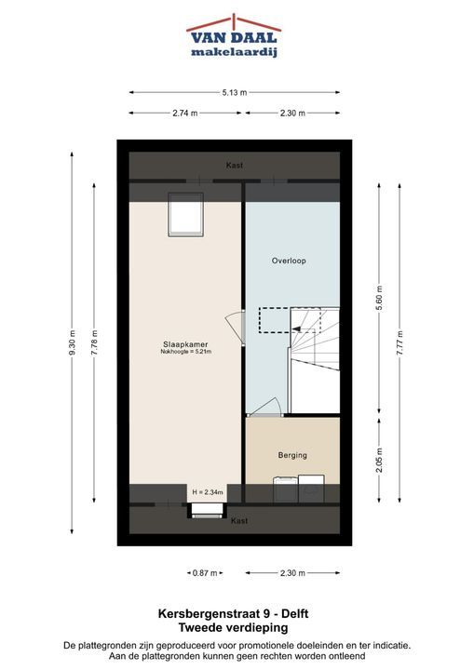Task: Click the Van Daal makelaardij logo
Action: tap(234, 36)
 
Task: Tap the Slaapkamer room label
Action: tap(185, 344)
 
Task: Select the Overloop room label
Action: tap(289, 261)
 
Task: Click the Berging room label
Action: tap(292, 455)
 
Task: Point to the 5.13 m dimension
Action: tap(235, 92)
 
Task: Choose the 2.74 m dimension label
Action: tap(185, 114)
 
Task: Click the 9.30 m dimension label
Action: tap(72, 342)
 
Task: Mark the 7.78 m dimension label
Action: tap(94, 342)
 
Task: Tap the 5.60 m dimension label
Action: tap(379, 298)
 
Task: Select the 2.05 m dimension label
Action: tap(379, 461)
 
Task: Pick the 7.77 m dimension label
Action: tap(400, 342)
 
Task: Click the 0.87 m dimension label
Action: tap(205, 573)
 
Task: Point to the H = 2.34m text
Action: tap(208, 492)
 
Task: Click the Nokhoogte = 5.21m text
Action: tap(186, 352)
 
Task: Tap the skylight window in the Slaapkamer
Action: tap(185, 214)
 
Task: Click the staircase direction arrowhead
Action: tap(296, 328)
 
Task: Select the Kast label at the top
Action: tap(235, 166)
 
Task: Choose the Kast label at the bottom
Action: tap(239, 521)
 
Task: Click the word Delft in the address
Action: tap(295, 614)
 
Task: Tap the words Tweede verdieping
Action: tap(233, 628)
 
